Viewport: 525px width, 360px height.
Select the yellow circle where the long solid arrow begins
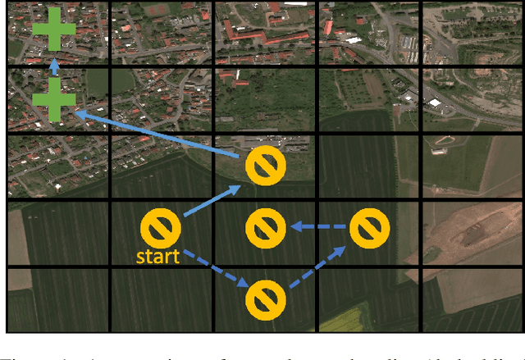pos(264,164)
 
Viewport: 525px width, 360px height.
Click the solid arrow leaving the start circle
pos(212,201)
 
